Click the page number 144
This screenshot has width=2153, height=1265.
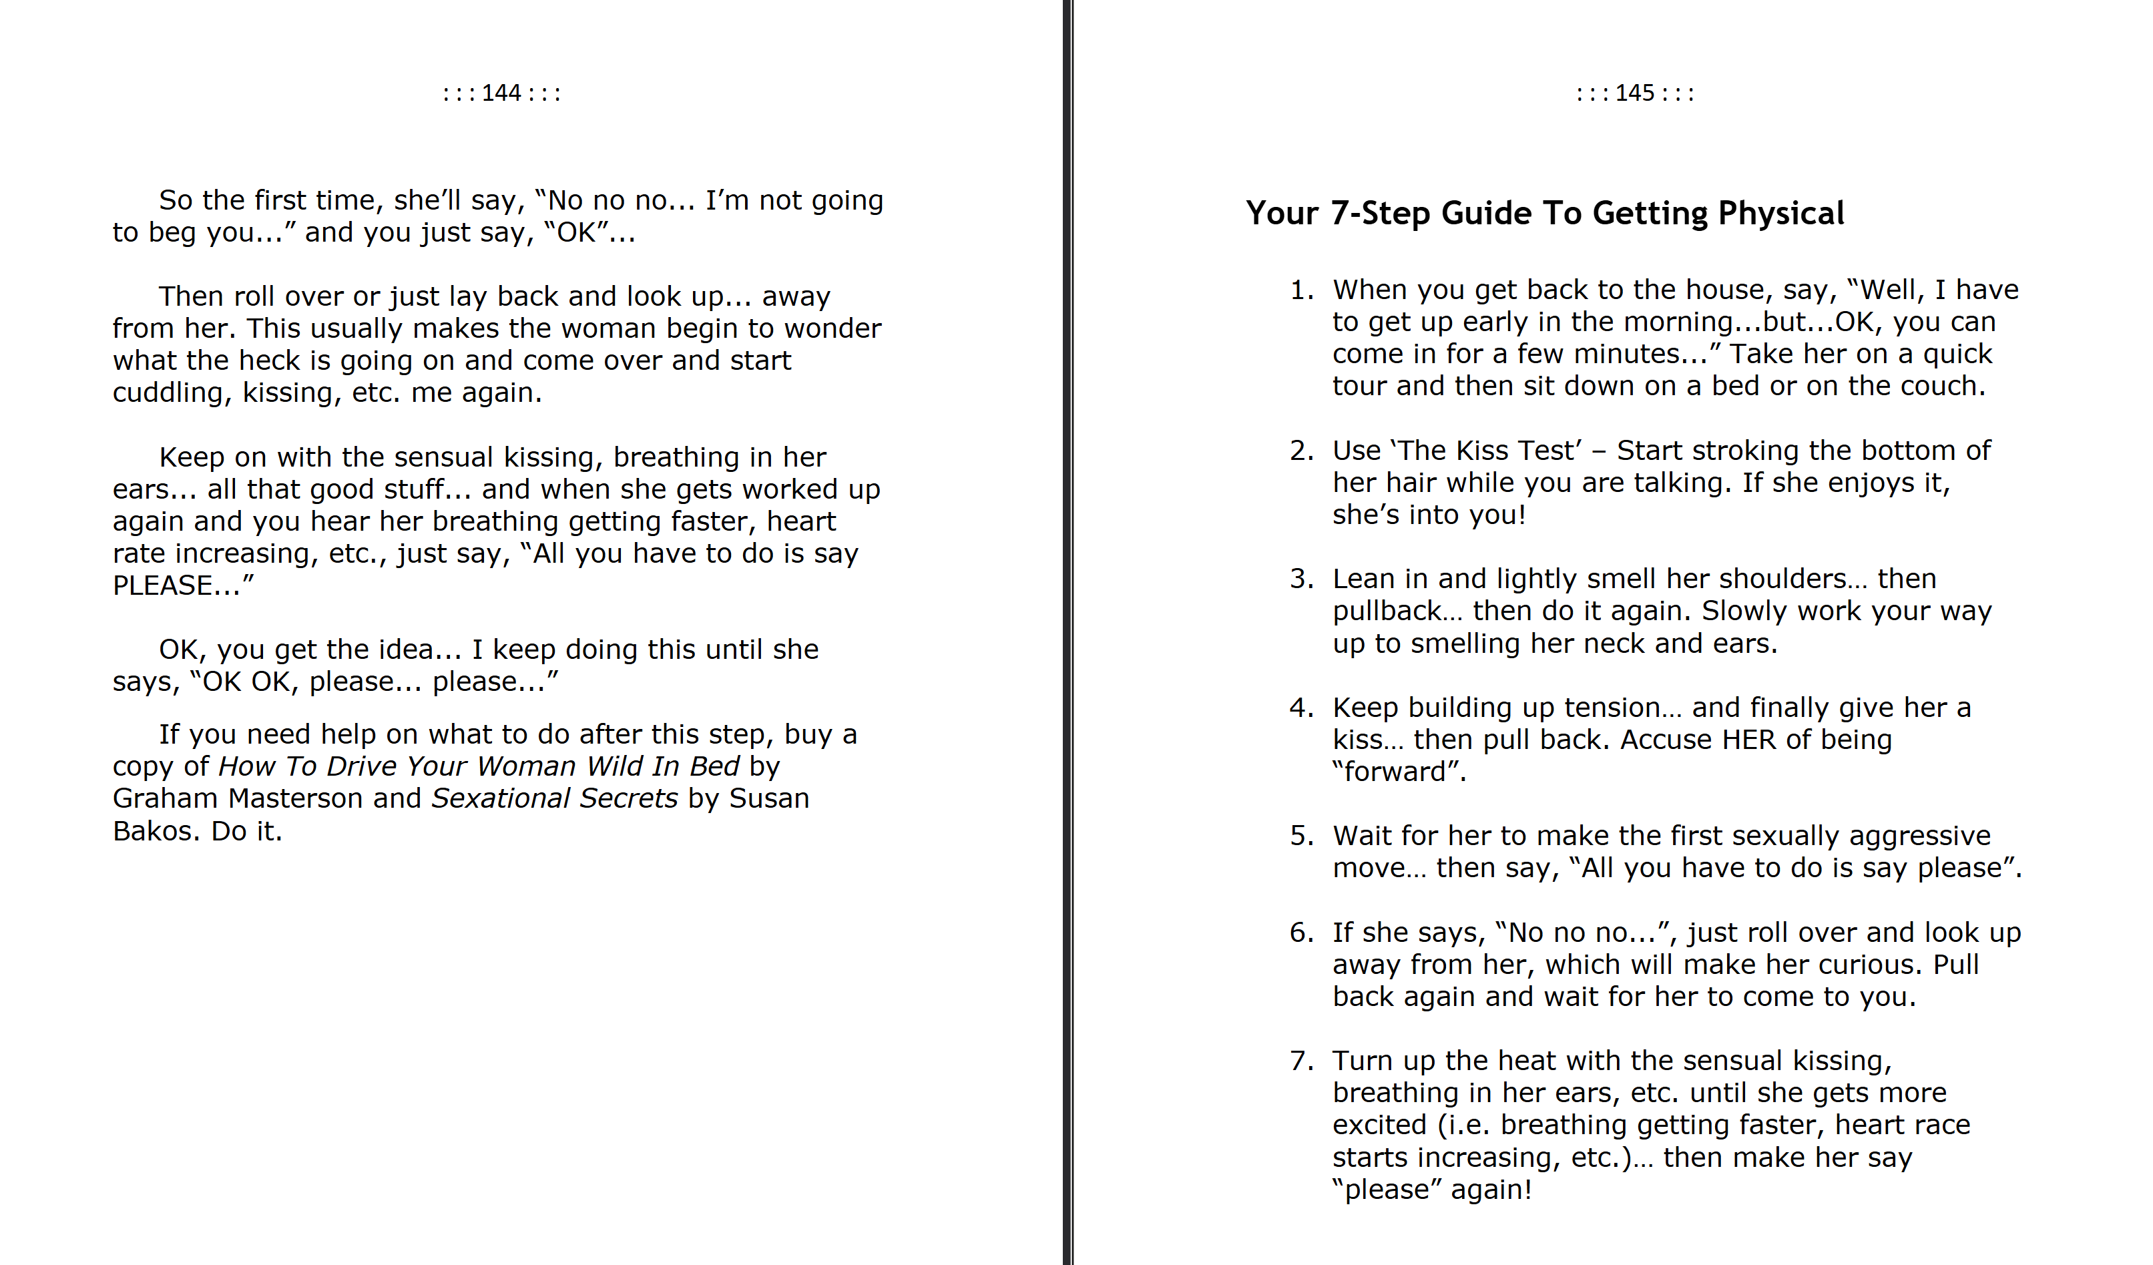tap(501, 93)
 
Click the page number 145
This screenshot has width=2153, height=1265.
tap(1634, 93)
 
